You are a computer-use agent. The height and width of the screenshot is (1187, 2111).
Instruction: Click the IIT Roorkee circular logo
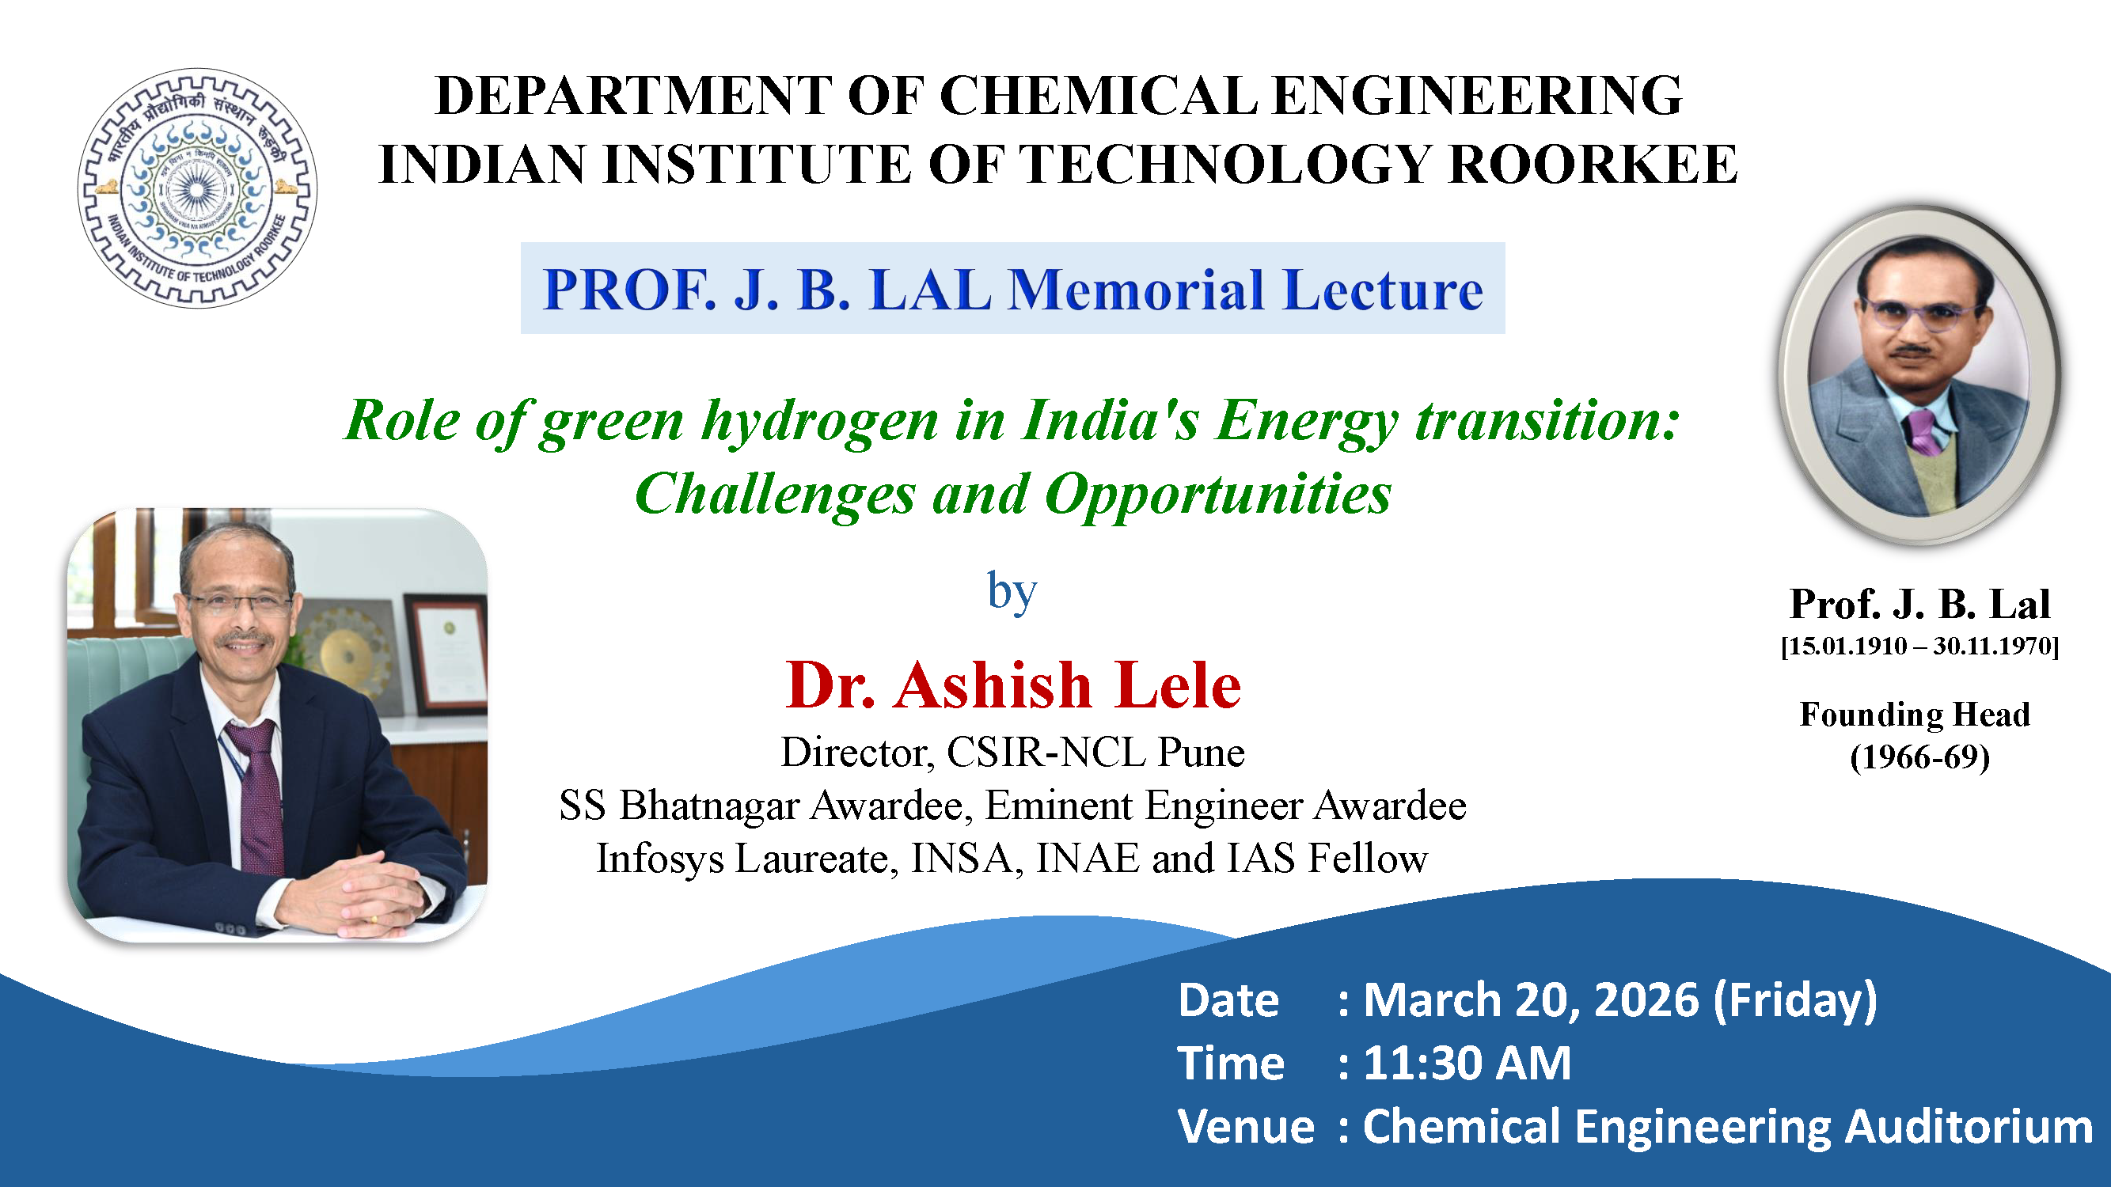tap(198, 188)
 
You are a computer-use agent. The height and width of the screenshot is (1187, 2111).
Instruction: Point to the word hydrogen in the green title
tap(820, 423)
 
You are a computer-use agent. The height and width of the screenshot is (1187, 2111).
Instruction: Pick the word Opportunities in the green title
tap(1217, 495)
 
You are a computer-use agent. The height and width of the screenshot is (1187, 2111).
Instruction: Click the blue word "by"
tap(1012, 591)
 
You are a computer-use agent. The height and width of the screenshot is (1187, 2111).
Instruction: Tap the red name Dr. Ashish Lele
tap(1013, 685)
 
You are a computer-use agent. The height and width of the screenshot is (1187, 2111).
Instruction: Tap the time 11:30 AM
tap(1467, 1064)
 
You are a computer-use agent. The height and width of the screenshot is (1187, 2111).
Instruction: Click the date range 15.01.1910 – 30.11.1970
tap(1919, 646)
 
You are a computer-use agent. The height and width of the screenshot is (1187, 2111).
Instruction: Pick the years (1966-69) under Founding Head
tap(1919, 757)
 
